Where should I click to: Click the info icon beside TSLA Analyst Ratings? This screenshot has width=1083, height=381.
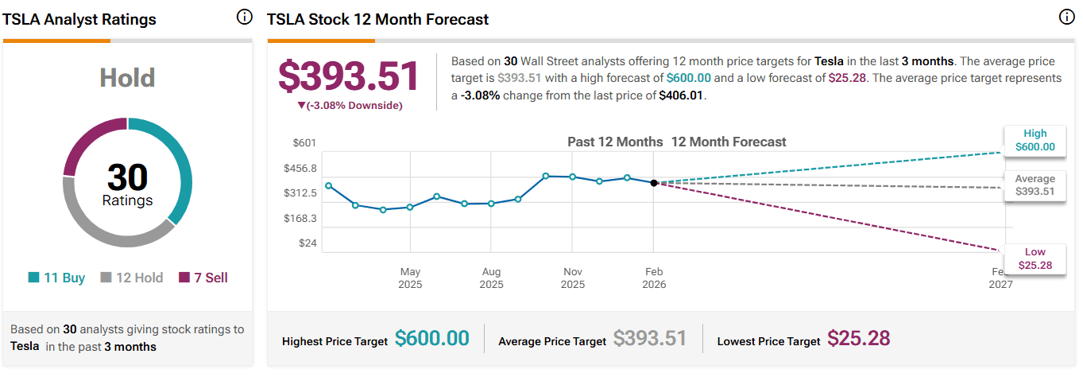(x=244, y=17)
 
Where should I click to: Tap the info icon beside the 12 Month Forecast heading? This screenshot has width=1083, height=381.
(x=1066, y=17)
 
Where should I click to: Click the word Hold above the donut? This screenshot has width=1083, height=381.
(x=127, y=78)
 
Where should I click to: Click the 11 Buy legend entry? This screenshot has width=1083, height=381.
(x=56, y=278)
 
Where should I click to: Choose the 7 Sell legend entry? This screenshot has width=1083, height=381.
(x=203, y=278)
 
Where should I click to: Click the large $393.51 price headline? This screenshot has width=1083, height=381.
(x=349, y=76)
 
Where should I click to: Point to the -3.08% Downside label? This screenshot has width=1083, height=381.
(x=350, y=106)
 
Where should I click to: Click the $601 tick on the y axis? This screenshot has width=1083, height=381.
(x=305, y=142)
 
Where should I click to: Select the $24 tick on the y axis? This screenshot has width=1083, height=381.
(x=307, y=243)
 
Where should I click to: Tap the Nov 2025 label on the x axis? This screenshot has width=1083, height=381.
(x=572, y=278)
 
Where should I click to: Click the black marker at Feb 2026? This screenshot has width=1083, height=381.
(x=654, y=183)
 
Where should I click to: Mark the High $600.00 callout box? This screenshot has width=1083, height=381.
(x=1035, y=140)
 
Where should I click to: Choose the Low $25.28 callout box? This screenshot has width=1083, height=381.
(x=1035, y=258)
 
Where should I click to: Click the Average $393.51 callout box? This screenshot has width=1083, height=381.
(x=1035, y=185)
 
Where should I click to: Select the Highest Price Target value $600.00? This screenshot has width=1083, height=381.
(x=432, y=338)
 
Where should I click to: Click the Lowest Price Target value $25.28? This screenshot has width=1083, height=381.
(x=858, y=338)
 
